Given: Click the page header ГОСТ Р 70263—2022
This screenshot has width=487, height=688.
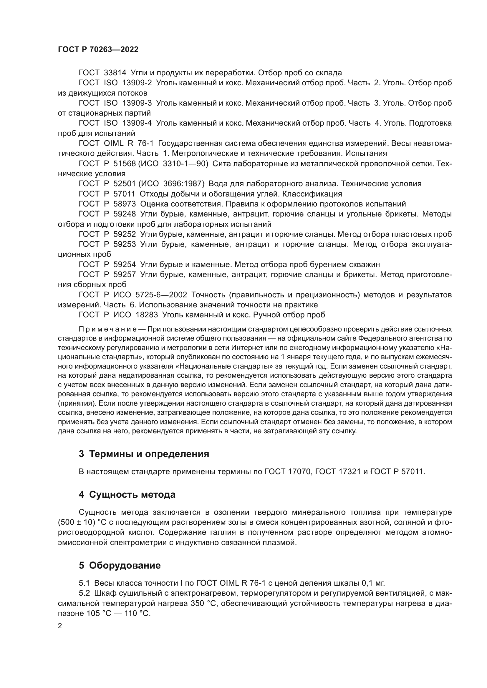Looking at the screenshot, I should click(x=98, y=50).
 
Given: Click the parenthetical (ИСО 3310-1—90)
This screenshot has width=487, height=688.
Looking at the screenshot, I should click(x=173, y=164).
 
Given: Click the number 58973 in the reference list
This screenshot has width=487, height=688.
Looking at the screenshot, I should click(x=125, y=204).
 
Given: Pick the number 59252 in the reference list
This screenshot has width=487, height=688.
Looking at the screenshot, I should click(x=125, y=234).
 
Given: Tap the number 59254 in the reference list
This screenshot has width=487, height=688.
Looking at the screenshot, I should click(x=125, y=265).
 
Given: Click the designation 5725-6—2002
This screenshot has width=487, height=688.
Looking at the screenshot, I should click(x=161, y=295).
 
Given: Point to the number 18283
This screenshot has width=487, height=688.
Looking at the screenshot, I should click(x=147, y=315).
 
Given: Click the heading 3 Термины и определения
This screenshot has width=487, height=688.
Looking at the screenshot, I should click(x=144, y=454).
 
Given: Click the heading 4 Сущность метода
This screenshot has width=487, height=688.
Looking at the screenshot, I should click(x=127, y=494).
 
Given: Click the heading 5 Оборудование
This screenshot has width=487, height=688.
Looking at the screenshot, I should click(x=120, y=565).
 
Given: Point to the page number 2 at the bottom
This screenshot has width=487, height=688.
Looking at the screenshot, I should click(x=60, y=626).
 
